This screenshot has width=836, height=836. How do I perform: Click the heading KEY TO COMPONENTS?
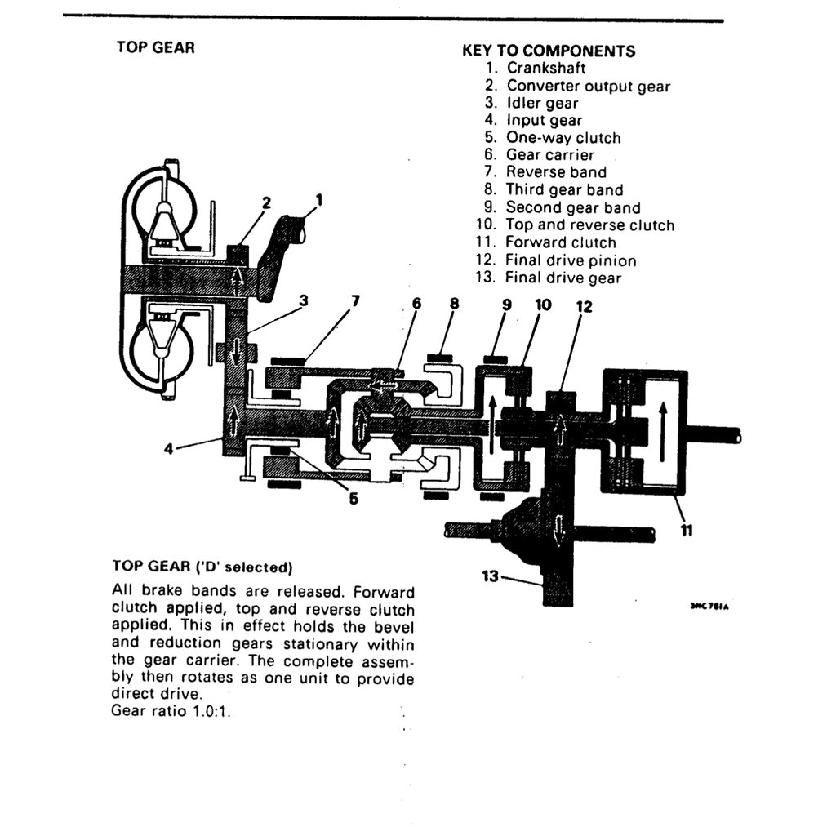click(x=549, y=51)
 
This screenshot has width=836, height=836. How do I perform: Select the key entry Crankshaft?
click(x=545, y=69)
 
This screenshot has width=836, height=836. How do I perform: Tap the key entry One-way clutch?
click(x=563, y=138)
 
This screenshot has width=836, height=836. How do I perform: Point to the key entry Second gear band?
click(x=573, y=207)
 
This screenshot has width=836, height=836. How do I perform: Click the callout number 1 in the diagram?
click(x=319, y=198)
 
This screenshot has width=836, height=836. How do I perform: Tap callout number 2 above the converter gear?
click(x=266, y=202)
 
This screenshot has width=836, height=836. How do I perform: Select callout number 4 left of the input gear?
click(x=168, y=447)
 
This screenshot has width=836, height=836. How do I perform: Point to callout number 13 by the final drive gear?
click(x=490, y=576)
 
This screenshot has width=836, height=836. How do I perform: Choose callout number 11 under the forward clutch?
click(x=687, y=531)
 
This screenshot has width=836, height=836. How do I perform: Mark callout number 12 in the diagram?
click(x=584, y=307)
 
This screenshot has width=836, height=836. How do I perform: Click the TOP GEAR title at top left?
click(x=156, y=47)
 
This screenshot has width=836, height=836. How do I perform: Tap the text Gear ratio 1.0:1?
click(x=171, y=711)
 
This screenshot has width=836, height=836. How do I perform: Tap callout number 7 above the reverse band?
click(x=354, y=301)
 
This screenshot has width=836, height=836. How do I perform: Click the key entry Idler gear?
click(x=542, y=104)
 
